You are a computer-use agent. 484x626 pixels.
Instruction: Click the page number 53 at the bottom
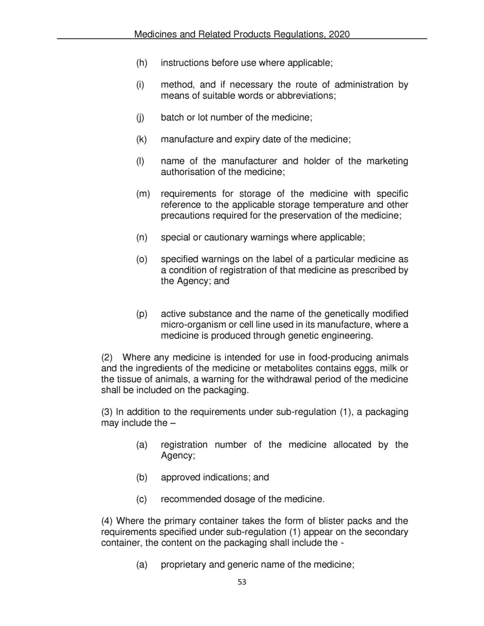242,582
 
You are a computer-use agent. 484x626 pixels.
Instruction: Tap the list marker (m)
143,194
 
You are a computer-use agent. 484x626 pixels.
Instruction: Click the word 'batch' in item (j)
173,117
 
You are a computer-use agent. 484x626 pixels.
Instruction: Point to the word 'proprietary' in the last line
183,565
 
